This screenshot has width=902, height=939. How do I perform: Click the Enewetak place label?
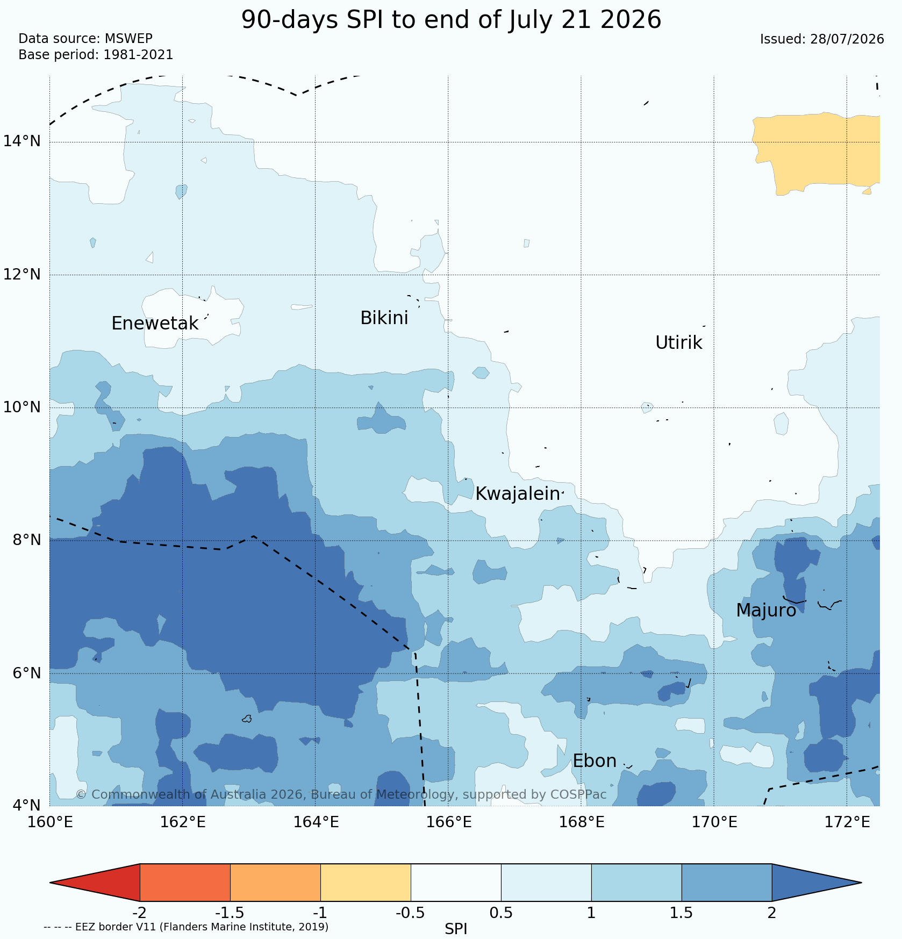point(155,324)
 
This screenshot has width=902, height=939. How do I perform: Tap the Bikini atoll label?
point(384,318)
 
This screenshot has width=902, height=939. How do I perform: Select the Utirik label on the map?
point(678,343)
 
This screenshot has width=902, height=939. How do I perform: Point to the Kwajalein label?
point(518,494)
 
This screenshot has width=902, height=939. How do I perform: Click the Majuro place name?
point(766,611)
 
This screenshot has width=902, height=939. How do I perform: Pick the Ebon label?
point(595,761)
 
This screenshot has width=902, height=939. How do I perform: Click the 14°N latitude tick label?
point(22,141)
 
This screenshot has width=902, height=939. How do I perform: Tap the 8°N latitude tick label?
point(26,540)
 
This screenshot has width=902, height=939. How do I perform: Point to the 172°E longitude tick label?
point(847,822)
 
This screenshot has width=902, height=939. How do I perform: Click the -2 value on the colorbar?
point(139,913)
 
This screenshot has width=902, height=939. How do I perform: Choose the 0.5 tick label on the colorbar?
point(501,913)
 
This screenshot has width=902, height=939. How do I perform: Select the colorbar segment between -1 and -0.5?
point(366,883)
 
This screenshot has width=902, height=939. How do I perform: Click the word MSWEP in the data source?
point(128,39)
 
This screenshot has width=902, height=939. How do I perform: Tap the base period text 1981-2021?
point(138,55)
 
